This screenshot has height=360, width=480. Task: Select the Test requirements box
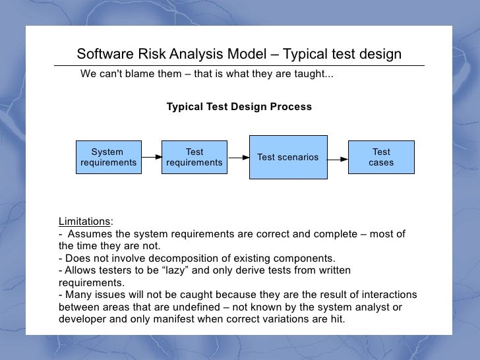[x=194, y=157]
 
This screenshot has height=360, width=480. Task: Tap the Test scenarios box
[x=287, y=157]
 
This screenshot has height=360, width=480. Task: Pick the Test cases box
[x=381, y=157]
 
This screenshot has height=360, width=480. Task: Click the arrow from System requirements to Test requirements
[x=151, y=157]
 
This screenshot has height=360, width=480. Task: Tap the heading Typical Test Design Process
[x=239, y=107]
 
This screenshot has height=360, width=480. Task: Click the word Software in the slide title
[x=104, y=54]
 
